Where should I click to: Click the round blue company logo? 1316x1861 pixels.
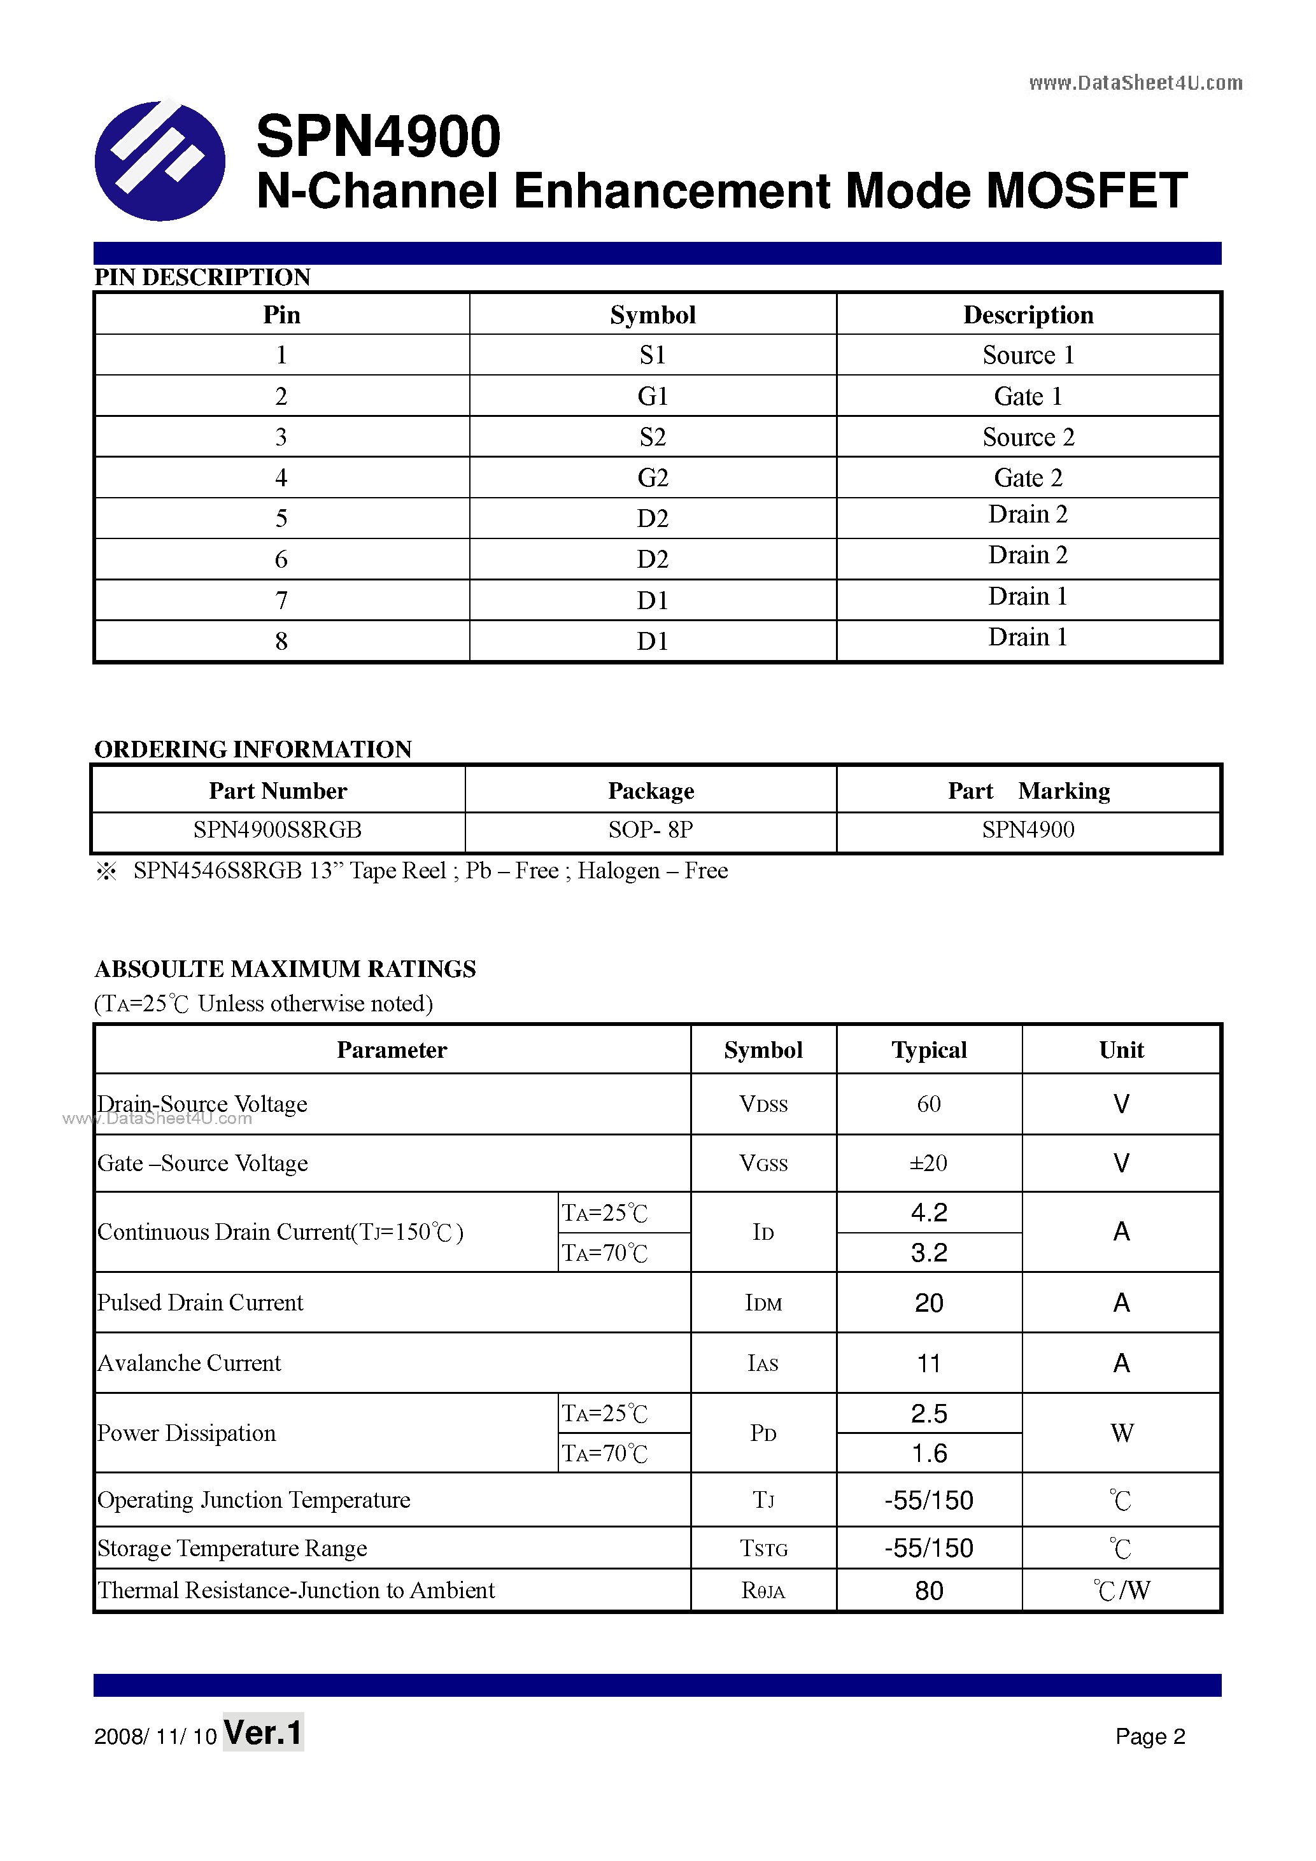pos(160,160)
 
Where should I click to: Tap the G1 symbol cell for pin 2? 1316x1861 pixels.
pos(653,397)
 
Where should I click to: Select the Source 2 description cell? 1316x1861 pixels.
pos(1028,437)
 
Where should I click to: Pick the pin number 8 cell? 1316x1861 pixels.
pos(281,641)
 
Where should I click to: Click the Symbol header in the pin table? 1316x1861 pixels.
pos(653,314)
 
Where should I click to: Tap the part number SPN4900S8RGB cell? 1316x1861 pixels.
pos(278,830)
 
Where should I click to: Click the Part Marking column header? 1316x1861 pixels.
pos(1028,790)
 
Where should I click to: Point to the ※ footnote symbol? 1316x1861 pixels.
pos(106,871)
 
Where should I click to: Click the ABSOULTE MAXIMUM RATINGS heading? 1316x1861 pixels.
pos(285,969)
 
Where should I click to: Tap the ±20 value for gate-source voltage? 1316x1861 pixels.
pos(928,1163)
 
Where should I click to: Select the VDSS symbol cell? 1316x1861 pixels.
pos(763,1104)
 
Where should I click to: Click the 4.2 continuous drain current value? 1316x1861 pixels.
pos(928,1212)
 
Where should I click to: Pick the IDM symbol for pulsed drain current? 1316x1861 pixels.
pos(763,1303)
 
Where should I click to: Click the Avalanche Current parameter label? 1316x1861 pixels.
pos(189,1363)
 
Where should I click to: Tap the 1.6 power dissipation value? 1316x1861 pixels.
pos(928,1453)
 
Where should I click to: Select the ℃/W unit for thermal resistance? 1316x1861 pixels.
pos(1121,1591)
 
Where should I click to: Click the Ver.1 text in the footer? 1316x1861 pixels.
pos(263,1733)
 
